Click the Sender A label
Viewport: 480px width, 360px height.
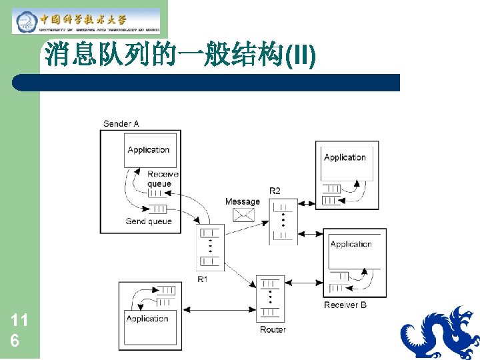point(121,123)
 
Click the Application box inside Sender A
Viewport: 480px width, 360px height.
point(149,150)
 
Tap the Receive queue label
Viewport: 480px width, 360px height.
point(163,179)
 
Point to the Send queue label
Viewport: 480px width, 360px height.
point(149,221)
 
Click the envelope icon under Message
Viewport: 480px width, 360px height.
point(243,214)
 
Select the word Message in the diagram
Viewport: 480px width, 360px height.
point(243,202)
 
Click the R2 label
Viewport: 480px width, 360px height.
point(275,191)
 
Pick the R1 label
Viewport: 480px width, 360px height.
point(202,279)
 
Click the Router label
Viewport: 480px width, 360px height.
point(273,329)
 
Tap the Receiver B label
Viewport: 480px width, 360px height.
point(345,305)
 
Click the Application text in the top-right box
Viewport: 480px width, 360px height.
point(345,157)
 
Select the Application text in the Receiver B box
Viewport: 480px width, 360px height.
point(351,244)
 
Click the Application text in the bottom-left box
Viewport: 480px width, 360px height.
point(147,319)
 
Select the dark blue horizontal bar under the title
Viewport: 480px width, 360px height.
point(207,83)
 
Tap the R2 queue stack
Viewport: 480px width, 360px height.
point(283,221)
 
